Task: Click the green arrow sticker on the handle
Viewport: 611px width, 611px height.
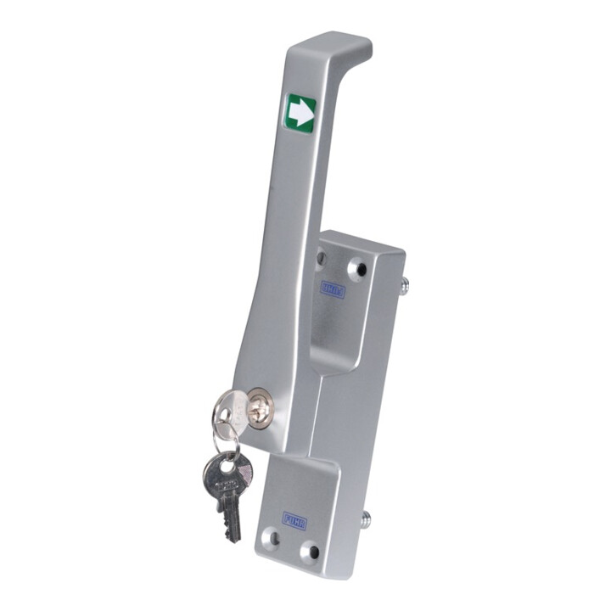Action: (300, 114)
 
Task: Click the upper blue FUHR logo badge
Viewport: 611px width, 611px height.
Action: (333, 289)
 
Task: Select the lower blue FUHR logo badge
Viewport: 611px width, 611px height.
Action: (294, 518)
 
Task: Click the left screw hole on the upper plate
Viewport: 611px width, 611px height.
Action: (322, 258)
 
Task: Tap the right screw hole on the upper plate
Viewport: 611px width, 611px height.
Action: (360, 270)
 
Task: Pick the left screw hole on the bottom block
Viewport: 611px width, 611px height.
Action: (273, 536)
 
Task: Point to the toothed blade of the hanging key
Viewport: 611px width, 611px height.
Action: (230, 517)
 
